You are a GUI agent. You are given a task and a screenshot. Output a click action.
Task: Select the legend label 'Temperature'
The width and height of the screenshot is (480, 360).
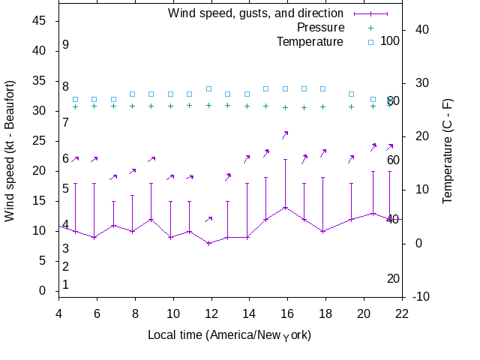point(310,42)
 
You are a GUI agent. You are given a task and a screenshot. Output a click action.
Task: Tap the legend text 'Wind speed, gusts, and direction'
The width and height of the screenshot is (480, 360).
point(256,13)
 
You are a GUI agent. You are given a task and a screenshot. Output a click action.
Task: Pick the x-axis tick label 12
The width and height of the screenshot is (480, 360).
point(211,313)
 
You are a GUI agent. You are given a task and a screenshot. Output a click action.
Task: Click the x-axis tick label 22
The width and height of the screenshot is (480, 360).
point(402,313)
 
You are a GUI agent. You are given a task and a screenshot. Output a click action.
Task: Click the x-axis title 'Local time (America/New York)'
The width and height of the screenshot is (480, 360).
point(229,334)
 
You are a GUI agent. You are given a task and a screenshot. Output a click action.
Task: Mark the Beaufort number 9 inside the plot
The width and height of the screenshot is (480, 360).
point(66,45)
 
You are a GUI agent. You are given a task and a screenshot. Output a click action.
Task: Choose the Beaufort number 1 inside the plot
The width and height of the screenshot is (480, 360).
point(66,285)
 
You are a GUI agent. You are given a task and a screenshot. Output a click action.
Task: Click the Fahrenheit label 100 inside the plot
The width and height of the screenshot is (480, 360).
point(390,40)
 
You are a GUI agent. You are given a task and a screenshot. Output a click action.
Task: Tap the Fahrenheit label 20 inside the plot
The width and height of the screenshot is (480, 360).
point(393,279)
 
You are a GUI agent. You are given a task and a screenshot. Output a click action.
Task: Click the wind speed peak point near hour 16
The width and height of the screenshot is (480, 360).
point(285,207)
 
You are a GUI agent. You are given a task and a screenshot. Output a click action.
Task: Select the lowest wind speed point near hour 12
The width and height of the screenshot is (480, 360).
point(208,243)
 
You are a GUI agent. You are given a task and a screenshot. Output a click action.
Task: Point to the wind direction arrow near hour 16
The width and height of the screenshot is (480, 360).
point(285,135)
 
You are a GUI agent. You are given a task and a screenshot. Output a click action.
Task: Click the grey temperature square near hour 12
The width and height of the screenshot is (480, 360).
point(208,88)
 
